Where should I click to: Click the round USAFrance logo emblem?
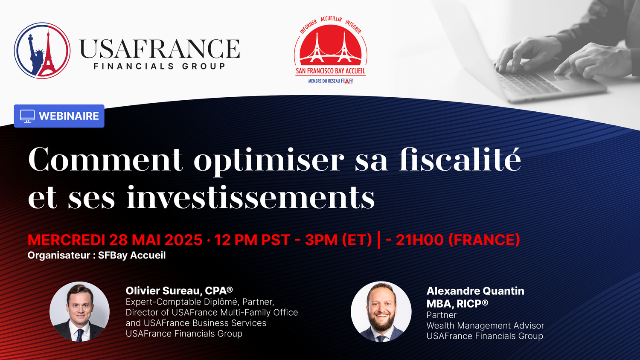(42, 51)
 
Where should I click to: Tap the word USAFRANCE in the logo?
(160, 49)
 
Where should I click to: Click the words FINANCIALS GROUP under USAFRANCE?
(160, 66)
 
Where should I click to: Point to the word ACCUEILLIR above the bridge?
(331, 19)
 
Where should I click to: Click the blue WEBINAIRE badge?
(59, 116)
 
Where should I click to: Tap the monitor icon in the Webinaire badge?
(27, 116)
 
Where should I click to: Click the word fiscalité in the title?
(460, 159)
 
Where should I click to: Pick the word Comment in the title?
(105, 159)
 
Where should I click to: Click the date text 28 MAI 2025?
(156, 240)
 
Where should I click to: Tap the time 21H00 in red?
(420, 240)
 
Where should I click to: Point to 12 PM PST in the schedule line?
(252, 240)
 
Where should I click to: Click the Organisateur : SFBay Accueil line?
(96, 255)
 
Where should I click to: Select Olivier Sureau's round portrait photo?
(79, 312)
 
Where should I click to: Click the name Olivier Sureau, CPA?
(179, 290)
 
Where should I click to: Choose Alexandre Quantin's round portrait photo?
(381, 312)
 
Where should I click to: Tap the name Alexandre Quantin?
(475, 291)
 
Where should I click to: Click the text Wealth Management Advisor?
(485, 325)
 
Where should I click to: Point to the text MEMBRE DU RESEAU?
(324, 81)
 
